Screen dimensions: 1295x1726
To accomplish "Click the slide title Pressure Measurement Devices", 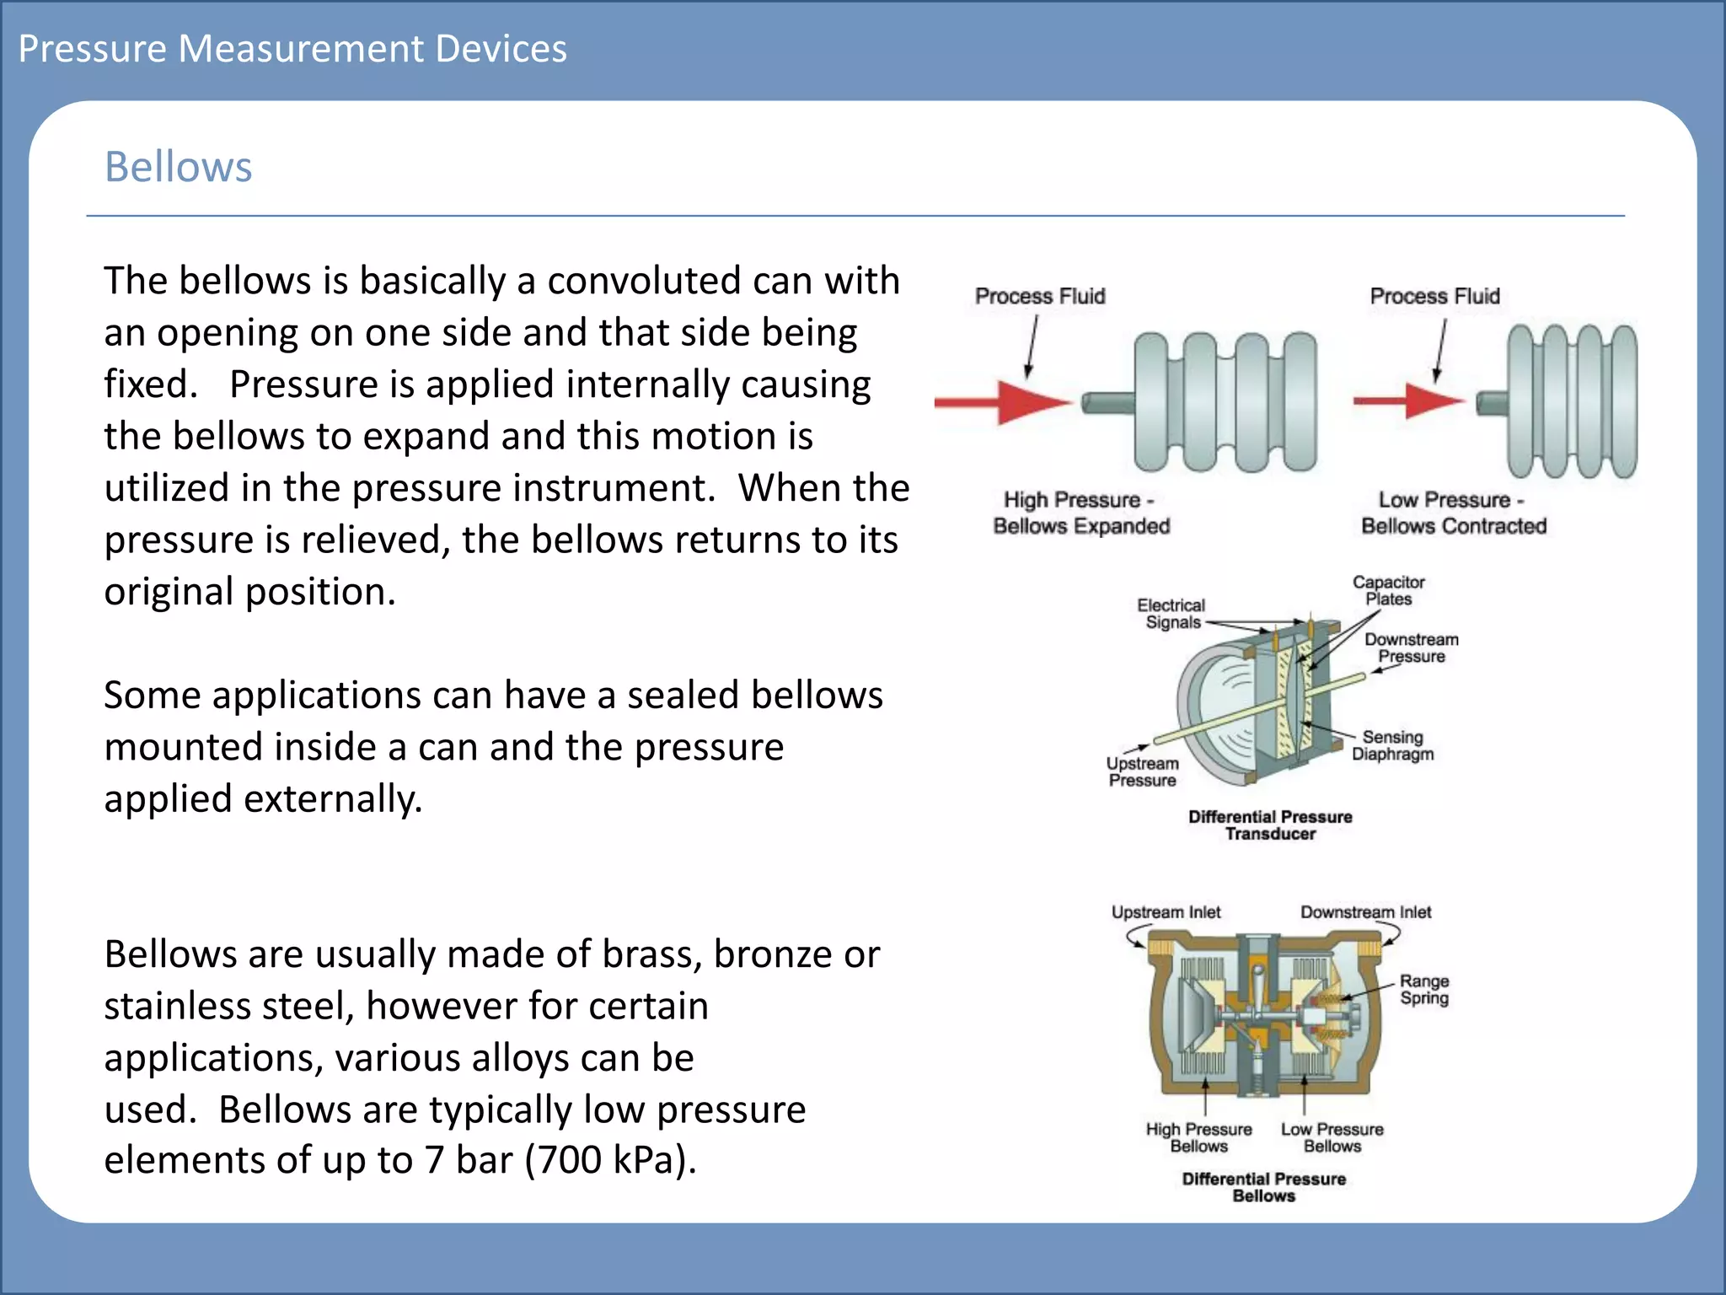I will pos(292,49).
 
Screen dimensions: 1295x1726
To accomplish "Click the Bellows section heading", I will pos(178,167).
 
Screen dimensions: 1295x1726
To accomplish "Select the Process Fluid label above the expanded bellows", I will pos(1040,297).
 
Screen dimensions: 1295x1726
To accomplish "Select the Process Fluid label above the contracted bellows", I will pos(1434,297).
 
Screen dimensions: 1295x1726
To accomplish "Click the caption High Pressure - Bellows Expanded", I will pos(1081,513).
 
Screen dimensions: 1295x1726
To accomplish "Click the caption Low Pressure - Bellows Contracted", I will pos(1454,513).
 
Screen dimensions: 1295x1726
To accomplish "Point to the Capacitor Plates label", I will pos(1388,591).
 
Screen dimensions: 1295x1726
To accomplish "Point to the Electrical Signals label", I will pos(1171,614).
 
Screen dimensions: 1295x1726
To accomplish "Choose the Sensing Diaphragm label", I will pos(1392,745).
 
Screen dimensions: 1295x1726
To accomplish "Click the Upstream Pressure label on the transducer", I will pos(1142,771).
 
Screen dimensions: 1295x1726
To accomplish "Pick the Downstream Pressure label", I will pos(1411,648).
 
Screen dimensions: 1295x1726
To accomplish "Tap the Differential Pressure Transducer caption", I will pos(1270,825).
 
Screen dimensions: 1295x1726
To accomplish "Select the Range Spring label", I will pos(1424,990).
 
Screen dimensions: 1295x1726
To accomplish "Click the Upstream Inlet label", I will pos(1166,912).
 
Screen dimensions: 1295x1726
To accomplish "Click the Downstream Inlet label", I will pos(1365,912).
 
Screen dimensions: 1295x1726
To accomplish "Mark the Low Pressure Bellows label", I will pos(1332,1137).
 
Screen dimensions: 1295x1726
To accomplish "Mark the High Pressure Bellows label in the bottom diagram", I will pos(1198,1137).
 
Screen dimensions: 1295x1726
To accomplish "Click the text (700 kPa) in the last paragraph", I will pos(610,1160).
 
